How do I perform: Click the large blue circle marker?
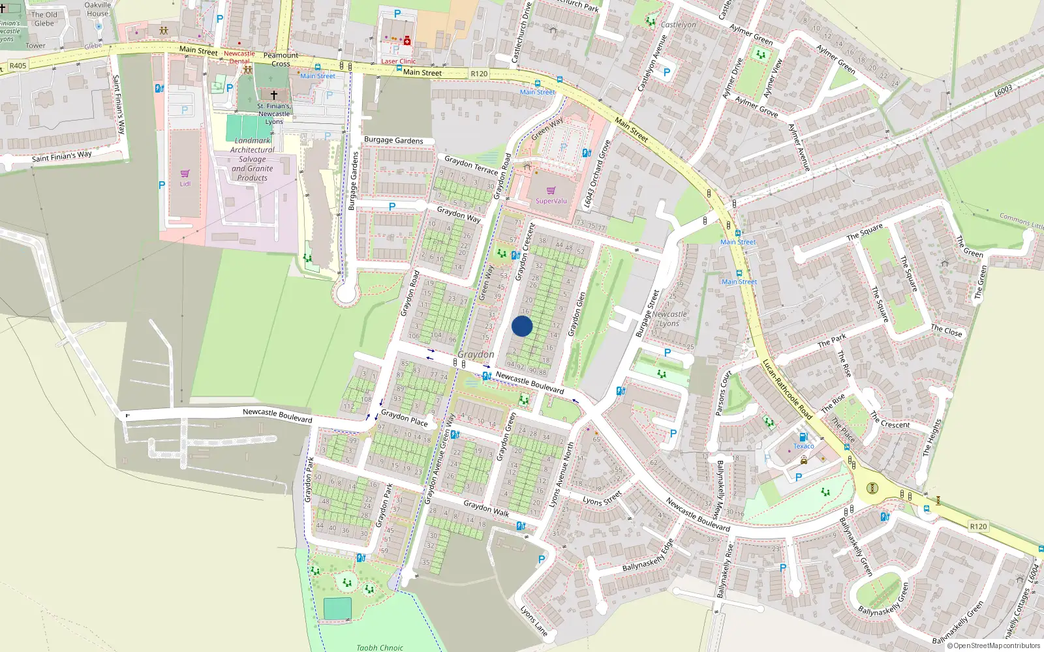tap(522, 326)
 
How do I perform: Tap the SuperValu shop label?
tap(551, 201)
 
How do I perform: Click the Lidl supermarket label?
tap(185, 184)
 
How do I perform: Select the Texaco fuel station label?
tap(803, 446)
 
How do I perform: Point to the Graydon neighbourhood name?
tap(476, 354)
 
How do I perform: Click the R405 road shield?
tap(18, 65)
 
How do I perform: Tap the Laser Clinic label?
tap(398, 61)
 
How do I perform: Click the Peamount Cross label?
tap(281, 59)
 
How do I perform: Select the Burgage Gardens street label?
tap(393, 140)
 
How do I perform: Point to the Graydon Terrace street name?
tap(471, 164)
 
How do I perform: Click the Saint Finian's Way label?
tap(62, 156)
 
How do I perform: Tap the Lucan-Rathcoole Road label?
tap(787, 389)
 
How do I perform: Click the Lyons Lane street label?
tap(534, 620)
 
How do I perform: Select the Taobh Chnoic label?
tap(380, 647)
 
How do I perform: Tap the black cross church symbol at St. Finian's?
tap(274, 95)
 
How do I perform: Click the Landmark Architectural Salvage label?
tap(253, 159)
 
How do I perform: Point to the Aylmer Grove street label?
tap(756, 106)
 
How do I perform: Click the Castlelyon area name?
tap(678, 25)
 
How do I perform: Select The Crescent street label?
tap(891, 421)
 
